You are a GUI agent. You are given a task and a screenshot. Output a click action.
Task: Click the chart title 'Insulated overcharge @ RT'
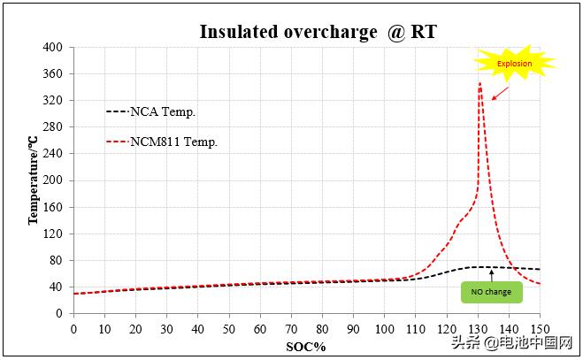[x=318, y=31]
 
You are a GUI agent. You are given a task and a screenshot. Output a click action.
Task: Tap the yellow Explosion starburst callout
[x=514, y=63]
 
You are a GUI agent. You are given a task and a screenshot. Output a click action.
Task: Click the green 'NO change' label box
[x=491, y=291]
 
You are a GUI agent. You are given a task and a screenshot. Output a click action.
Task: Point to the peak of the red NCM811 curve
[x=479, y=83]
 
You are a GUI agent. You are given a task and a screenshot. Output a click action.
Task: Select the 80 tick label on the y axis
[x=56, y=260]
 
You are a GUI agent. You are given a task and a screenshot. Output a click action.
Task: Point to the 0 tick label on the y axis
[x=59, y=313]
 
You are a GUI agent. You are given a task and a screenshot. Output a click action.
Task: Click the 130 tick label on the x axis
[x=478, y=328]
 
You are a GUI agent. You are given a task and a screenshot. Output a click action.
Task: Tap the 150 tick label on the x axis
[x=540, y=328]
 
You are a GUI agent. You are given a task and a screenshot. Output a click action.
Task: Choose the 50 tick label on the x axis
[x=228, y=328]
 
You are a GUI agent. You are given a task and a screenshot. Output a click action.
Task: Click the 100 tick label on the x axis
[x=384, y=328]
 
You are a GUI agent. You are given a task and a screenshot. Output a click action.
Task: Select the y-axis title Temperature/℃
[x=33, y=180]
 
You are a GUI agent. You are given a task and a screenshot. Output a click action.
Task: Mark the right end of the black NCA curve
[x=540, y=269]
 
